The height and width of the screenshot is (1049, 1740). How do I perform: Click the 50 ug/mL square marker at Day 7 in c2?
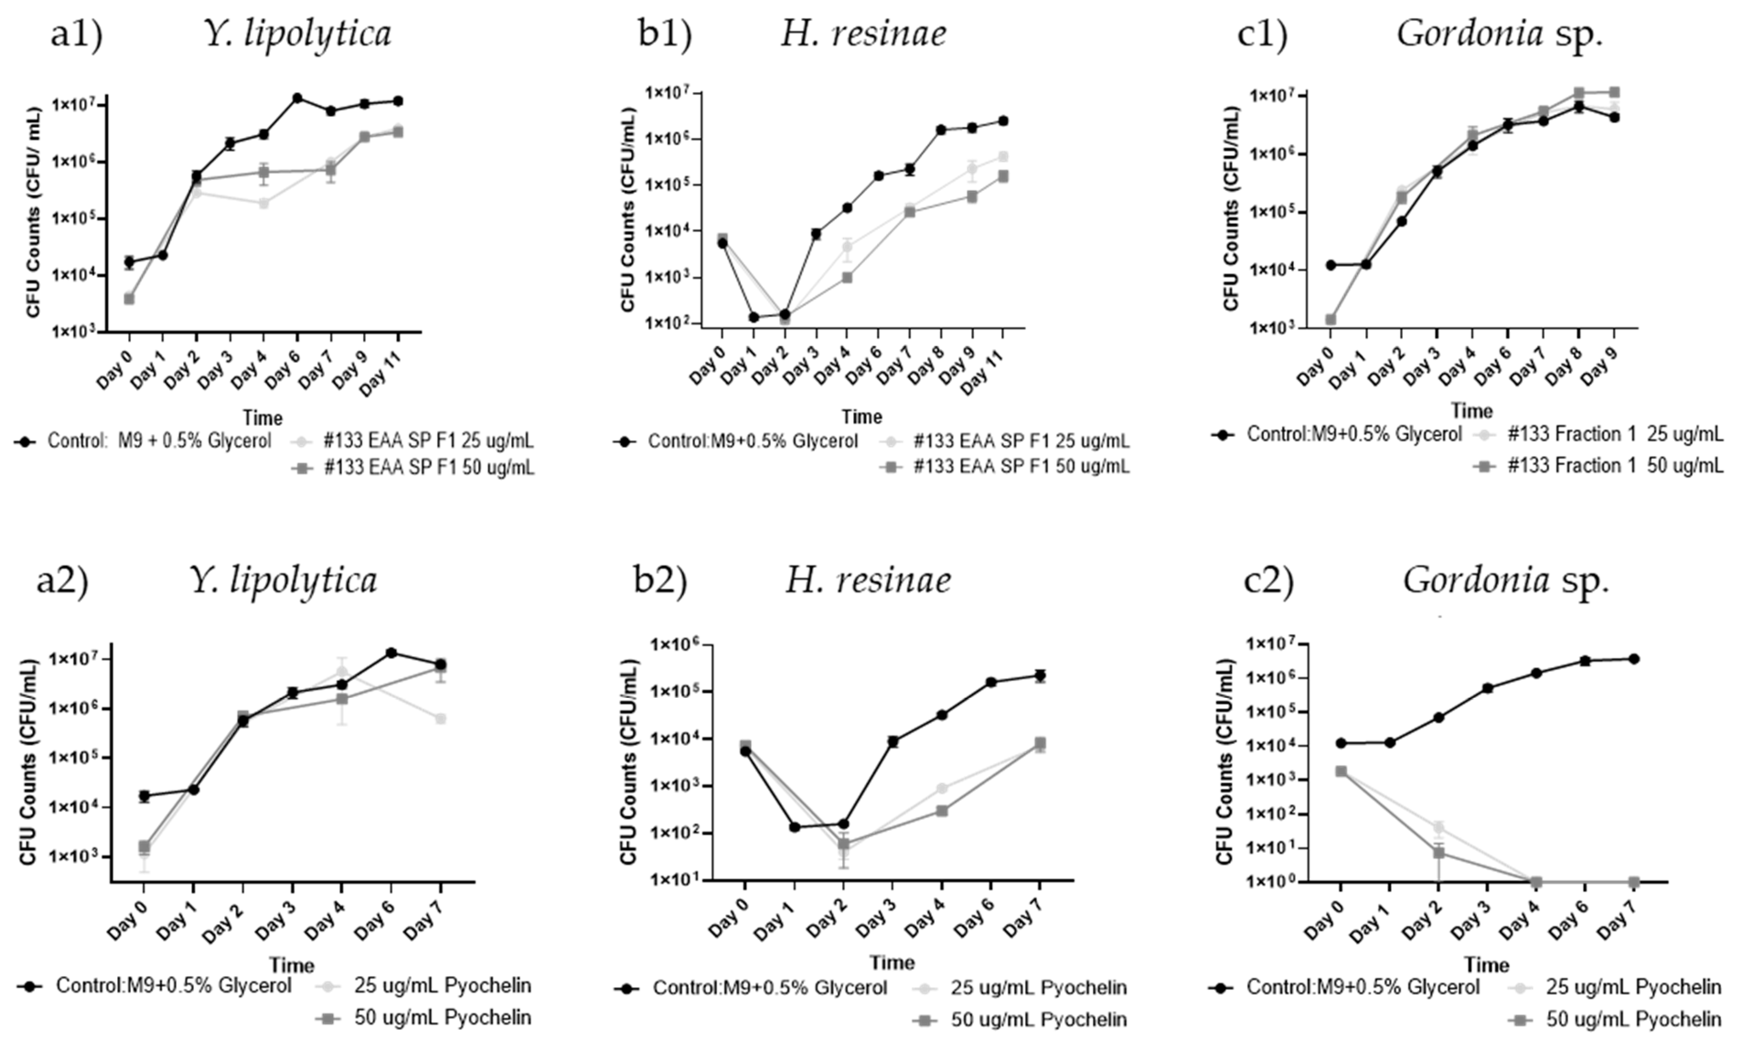1633,882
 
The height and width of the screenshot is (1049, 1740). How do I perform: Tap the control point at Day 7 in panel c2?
1633,659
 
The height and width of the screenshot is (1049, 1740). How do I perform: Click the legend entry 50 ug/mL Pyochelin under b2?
1038,1019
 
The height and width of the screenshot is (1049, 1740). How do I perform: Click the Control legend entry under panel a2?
173,985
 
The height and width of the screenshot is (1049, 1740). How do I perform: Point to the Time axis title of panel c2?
1486,964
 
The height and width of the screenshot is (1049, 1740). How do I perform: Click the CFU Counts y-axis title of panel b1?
627,210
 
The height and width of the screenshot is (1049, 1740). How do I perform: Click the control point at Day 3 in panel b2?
892,741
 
